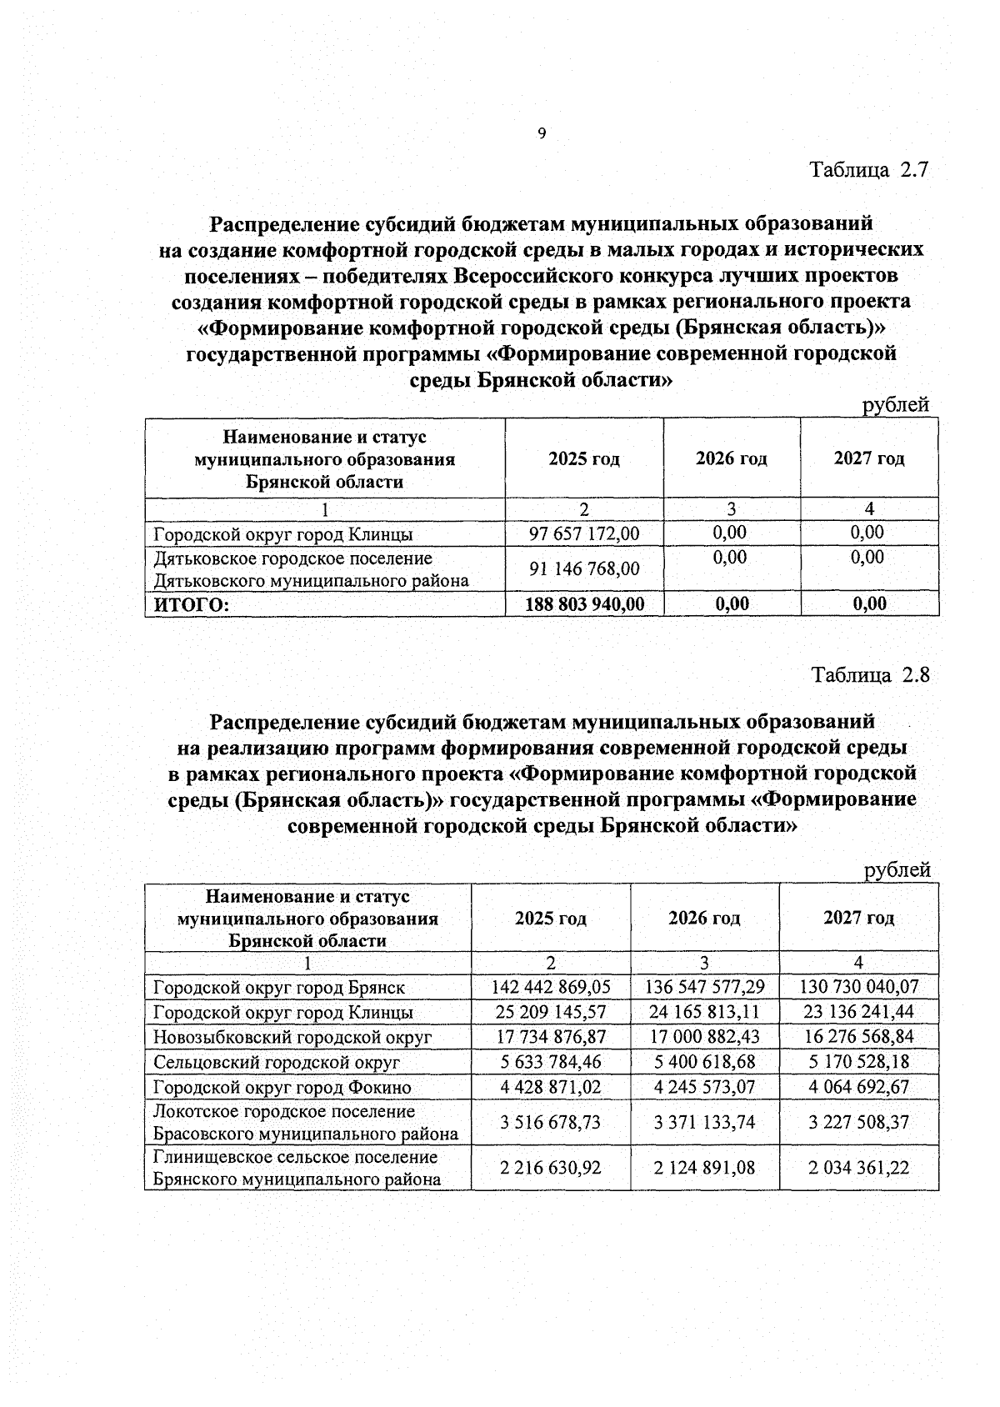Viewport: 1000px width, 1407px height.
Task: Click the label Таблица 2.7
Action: (869, 170)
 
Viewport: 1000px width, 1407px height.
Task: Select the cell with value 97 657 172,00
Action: (584, 533)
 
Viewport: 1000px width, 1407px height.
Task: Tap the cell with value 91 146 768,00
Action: (584, 568)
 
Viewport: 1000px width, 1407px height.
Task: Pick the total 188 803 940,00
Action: (584, 603)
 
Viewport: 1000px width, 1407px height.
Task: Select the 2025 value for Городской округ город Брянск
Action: (551, 987)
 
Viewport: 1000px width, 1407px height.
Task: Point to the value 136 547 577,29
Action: (704, 987)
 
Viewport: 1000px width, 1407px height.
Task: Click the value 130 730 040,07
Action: (858, 987)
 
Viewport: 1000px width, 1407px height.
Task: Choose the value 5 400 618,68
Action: (704, 1062)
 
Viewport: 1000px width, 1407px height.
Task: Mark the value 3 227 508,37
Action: (858, 1122)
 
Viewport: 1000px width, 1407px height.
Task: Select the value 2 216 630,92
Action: (551, 1168)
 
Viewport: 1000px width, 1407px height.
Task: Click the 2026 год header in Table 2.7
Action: (732, 458)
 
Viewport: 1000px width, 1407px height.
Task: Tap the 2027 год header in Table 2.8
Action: (858, 918)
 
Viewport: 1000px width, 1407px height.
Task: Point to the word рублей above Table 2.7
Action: (896, 405)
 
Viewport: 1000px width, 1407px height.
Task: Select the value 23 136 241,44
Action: (858, 1012)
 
